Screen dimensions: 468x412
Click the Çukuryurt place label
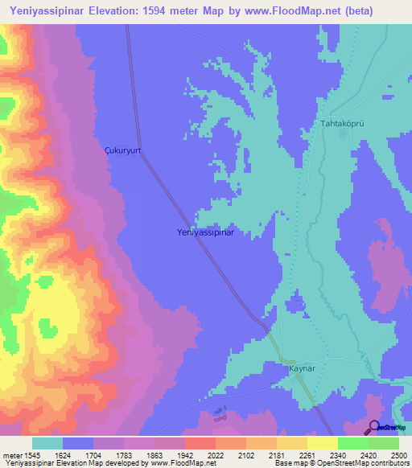coord(123,150)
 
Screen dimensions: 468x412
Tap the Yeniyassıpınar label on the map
coord(205,232)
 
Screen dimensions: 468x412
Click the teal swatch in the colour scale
coord(47,443)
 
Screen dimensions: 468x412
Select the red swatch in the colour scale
coord(200,443)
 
